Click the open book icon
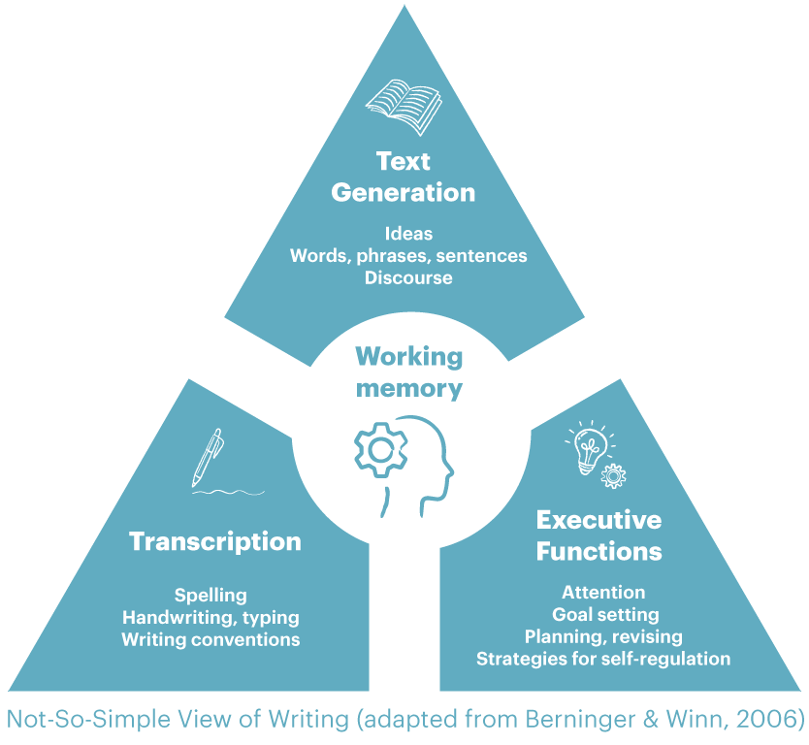404,107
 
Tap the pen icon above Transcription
208,458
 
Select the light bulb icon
590,448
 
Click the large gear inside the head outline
381,449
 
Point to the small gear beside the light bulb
613,475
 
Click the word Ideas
408,234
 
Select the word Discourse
408,278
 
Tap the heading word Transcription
215,541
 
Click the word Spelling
210,596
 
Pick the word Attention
603,593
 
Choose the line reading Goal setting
605,615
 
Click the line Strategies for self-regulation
603,659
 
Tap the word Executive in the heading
599,520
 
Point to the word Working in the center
409,357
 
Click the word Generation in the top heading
403,192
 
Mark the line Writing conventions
210,640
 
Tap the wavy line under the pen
228,492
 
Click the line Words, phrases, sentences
408,256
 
